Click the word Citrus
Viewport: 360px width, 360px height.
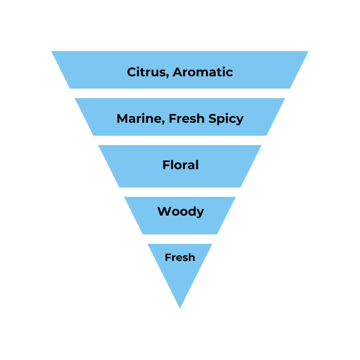point(147,72)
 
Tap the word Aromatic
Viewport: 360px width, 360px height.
point(203,72)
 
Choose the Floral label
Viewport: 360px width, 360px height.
point(180,165)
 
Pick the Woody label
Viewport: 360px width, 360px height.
point(180,211)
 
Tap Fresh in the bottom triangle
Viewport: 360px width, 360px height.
point(180,257)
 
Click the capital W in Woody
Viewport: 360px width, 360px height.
point(164,211)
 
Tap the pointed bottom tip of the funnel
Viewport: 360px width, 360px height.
point(180,307)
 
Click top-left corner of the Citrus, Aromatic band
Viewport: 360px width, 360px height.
point(53,52)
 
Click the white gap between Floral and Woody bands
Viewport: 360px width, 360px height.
point(180,192)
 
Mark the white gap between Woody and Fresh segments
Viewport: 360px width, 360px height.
point(180,239)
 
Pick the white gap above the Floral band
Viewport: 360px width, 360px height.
point(180,140)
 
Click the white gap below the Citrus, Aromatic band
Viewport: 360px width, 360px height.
point(180,93)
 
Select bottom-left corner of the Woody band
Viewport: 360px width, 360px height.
point(143,234)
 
